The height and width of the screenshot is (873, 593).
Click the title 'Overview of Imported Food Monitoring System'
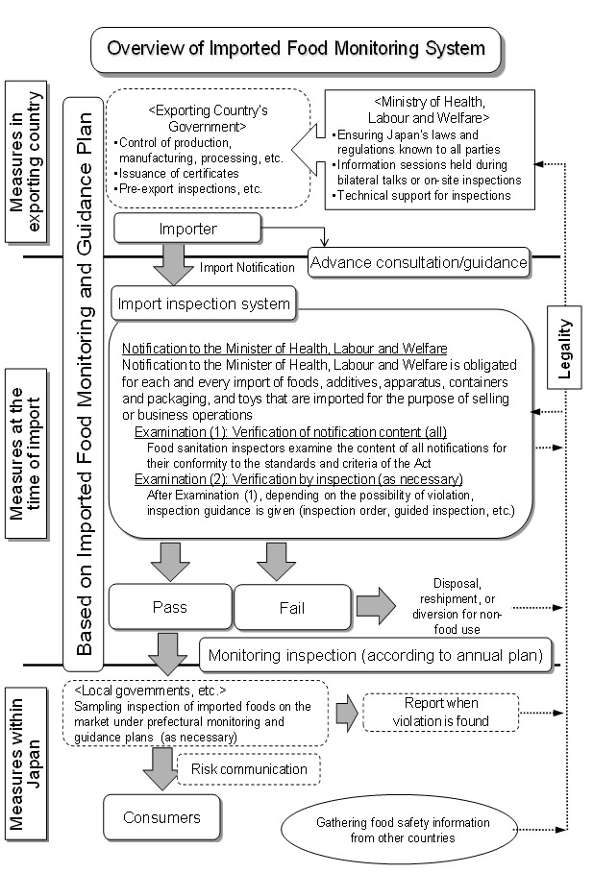(296, 48)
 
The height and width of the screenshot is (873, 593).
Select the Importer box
(186, 229)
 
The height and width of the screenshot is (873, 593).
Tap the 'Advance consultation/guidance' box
(419, 261)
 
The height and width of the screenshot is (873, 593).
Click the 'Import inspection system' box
(204, 304)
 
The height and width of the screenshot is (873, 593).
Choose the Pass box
(169, 607)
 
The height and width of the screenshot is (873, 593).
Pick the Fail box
(291, 608)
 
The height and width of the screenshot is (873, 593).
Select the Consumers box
(161, 817)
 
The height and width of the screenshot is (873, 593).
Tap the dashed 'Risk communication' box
(249, 768)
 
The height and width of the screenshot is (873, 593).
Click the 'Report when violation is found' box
(446, 712)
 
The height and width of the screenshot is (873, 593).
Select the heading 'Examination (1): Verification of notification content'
(290, 432)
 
